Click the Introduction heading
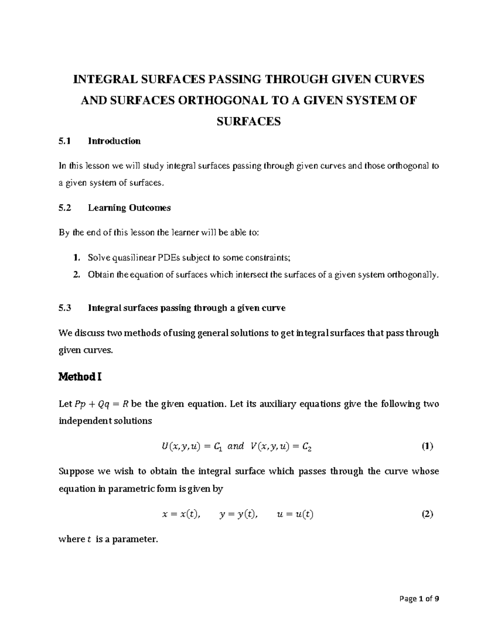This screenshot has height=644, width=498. (x=114, y=141)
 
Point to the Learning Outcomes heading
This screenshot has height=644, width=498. (x=129, y=208)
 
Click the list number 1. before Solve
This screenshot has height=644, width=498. (x=76, y=258)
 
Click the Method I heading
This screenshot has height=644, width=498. (x=80, y=377)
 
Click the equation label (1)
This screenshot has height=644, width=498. (x=427, y=447)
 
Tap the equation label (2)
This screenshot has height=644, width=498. (x=427, y=514)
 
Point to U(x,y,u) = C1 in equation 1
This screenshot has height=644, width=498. (x=186, y=447)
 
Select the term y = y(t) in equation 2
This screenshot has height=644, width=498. (x=239, y=515)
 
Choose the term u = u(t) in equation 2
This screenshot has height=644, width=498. (x=295, y=515)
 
